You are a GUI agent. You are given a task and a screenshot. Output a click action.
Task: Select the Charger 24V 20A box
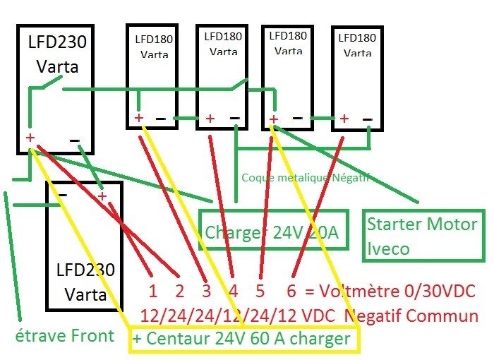274,230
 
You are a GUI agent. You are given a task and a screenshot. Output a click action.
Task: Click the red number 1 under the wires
152,291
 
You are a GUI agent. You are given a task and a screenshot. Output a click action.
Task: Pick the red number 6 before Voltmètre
291,291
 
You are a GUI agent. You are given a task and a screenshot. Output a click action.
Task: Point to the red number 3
206,291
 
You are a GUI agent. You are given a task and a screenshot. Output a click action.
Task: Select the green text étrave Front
65,335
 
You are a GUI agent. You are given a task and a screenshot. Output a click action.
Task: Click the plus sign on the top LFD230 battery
30,138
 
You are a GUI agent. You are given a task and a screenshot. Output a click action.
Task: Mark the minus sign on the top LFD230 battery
75,140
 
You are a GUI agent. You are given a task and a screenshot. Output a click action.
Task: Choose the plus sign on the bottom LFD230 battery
103,196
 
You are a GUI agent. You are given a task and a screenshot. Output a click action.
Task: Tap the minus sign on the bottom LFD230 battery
62,194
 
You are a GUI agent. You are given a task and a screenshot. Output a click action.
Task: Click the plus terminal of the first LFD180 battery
139,117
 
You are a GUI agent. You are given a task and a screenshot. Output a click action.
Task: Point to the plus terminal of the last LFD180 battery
344,119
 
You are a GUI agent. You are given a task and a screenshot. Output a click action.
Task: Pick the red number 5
260,291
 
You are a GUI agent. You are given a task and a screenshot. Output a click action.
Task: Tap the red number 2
179,291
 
